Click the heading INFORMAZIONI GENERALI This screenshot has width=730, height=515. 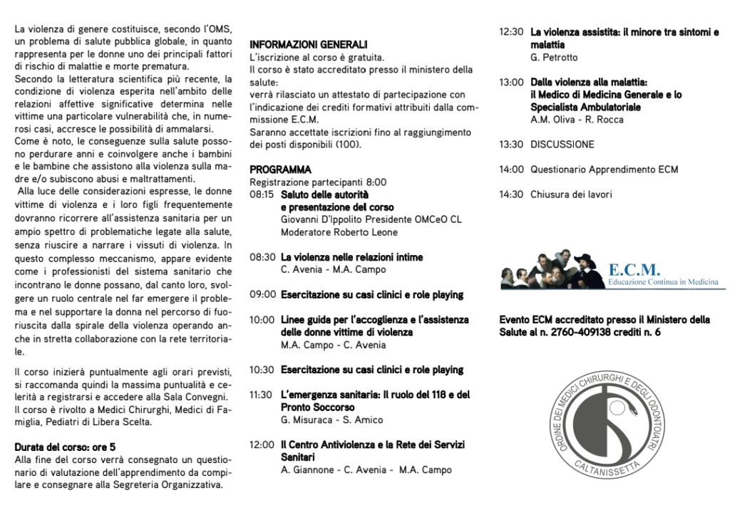[309, 44]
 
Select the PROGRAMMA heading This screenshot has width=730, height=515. [280, 170]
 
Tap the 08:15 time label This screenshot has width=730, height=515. [262, 194]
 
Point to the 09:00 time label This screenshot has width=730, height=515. [262, 294]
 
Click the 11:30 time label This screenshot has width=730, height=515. [262, 395]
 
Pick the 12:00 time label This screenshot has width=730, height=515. [262, 444]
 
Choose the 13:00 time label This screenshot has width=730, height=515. [511, 82]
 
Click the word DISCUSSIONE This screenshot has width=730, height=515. [562, 145]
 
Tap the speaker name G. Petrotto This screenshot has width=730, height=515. [554, 57]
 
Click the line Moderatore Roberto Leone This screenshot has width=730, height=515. [339, 232]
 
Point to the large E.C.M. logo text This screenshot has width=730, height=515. [634, 270]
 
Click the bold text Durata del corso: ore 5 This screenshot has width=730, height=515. [65, 447]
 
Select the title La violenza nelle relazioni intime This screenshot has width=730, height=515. [351, 257]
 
